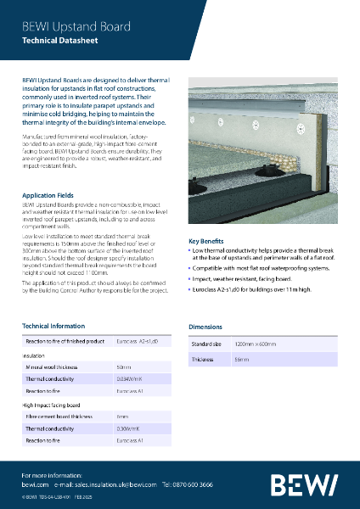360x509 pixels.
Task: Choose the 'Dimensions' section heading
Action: [207, 326]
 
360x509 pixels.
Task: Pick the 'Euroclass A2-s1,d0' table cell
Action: [137, 340]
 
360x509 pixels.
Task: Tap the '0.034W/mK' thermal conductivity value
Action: [131, 378]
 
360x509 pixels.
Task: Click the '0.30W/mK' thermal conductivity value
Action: [129, 429]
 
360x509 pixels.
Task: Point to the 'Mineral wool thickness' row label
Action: [53, 366]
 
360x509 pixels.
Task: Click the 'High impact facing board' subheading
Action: [52, 406]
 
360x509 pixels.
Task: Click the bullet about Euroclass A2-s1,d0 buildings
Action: [253, 289]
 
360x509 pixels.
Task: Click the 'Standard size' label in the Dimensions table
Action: [206, 344]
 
